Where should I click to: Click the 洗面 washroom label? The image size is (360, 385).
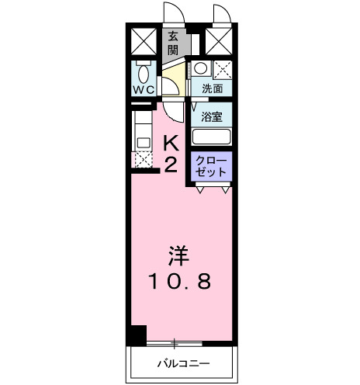[211, 89]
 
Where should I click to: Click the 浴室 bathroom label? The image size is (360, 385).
[211, 118]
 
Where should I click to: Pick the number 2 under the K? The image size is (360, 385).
[172, 164]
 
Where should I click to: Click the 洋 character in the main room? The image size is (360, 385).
[178, 256]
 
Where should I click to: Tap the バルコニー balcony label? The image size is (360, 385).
[181, 362]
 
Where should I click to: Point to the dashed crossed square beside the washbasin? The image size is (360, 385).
[222, 69]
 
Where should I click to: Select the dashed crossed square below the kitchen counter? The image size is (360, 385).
[144, 160]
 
